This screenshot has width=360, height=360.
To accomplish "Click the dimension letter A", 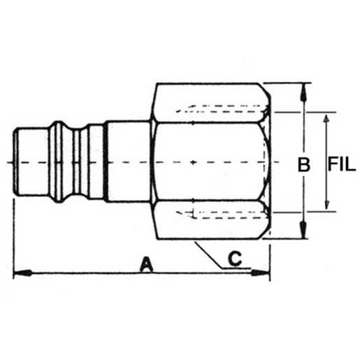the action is tap(147, 264).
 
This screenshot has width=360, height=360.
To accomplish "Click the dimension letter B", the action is tap(304, 164).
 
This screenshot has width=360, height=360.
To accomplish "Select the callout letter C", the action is tap(235, 259).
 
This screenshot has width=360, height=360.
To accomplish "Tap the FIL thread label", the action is tap(342, 164).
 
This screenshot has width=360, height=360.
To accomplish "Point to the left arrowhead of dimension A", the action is tap(23, 273).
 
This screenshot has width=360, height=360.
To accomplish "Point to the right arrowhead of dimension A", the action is tap(260, 273).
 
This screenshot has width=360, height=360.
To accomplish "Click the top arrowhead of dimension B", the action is tap(303, 92).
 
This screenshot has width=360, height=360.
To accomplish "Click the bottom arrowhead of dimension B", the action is tap(303, 229).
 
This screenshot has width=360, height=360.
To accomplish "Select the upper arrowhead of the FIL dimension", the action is tap(326, 120).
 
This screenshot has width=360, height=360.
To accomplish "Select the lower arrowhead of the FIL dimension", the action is tap(326, 203).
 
